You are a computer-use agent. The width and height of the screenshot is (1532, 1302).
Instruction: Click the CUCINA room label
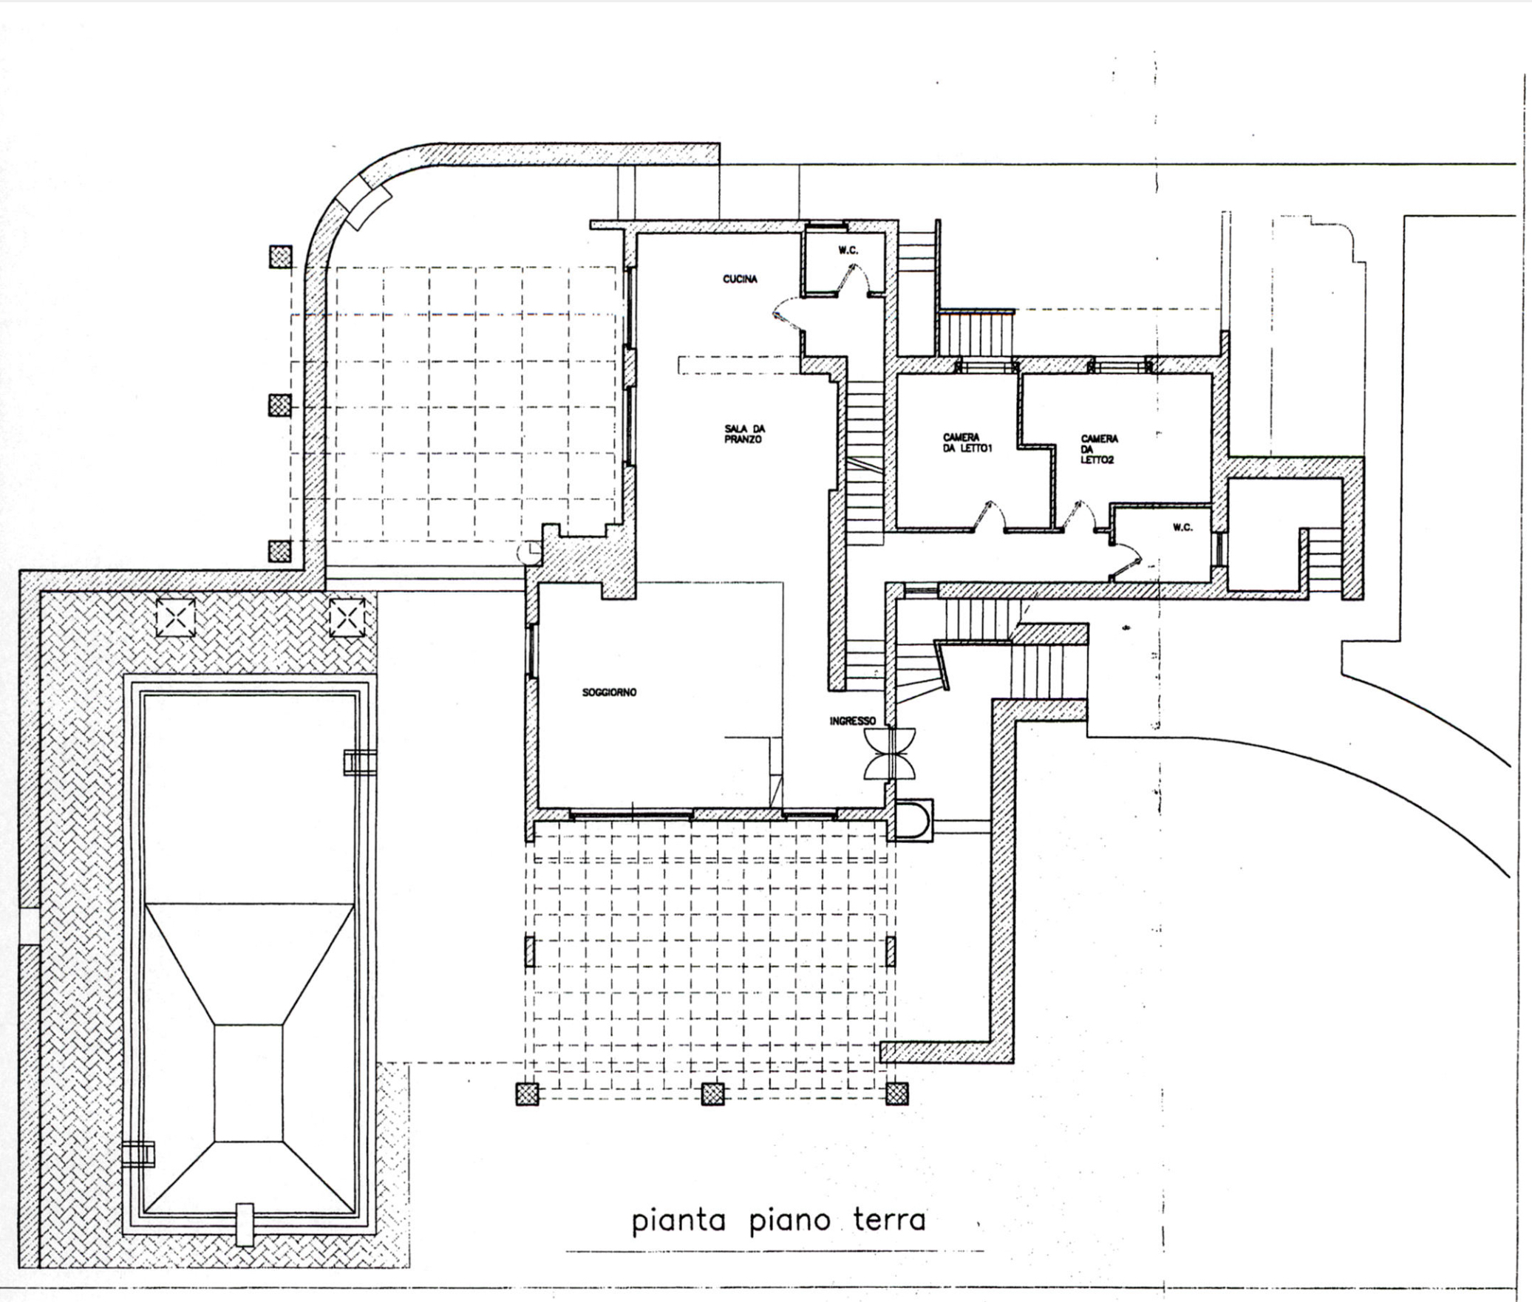pyautogui.click(x=740, y=279)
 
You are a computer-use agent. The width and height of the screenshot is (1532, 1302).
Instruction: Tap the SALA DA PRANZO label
pyautogui.click(x=743, y=434)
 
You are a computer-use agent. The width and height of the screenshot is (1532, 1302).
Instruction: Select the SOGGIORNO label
pyautogui.click(x=609, y=692)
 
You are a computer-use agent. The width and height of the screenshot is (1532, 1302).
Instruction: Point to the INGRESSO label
pyautogui.click(x=852, y=720)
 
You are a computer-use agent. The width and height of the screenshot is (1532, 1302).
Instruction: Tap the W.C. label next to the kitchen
pyautogui.click(x=848, y=250)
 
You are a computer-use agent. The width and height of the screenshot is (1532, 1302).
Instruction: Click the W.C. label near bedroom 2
pyautogui.click(x=1182, y=528)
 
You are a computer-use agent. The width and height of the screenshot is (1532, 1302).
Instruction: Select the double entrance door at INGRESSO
pyautogui.click(x=891, y=753)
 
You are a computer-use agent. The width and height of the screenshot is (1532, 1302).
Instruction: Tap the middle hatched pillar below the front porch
pyautogui.click(x=712, y=1094)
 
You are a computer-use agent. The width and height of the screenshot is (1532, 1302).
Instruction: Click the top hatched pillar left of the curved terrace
pyautogui.click(x=280, y=256)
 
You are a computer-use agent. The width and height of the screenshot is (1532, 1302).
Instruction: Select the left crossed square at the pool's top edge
pyautogui.click(x=176, y=617)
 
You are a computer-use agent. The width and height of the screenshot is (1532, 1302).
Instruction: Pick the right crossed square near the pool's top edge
pyautogui.click(x=347, y=617)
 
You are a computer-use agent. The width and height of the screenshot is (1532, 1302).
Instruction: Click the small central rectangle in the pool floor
pyautogui.click(x=248, y=1083)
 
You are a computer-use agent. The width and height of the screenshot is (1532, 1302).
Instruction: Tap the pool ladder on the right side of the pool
pyautogui.click(x=359, y=762)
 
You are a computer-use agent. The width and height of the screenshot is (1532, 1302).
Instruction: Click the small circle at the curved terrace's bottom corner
pyautogui.click(x=529, y=551)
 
